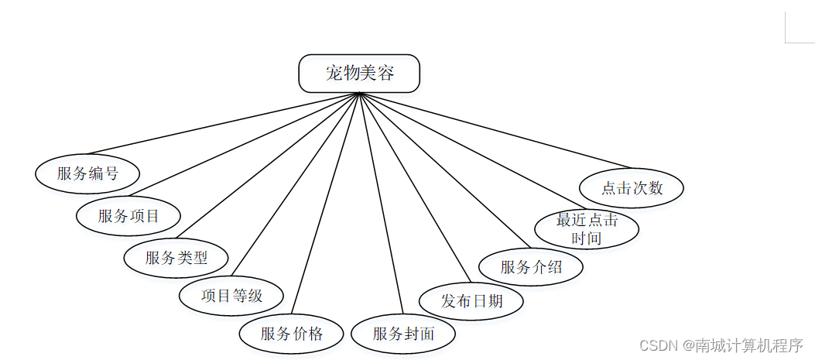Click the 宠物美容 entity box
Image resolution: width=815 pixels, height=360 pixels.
[359, 74]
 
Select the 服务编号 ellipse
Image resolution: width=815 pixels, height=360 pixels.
[87, 173]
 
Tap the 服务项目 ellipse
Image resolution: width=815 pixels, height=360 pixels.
[128, 216]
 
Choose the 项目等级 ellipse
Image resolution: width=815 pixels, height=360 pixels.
[231, 296]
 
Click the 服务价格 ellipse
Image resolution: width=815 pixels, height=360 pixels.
[291, 334]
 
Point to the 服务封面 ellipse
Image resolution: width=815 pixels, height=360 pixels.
[403, 334]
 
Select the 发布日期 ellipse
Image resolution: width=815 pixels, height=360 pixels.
[471, 300]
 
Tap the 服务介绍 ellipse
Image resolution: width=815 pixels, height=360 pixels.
[531, 267]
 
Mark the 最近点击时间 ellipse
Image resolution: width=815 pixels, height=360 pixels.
[587, 229]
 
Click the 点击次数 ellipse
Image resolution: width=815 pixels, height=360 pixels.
[632, 188]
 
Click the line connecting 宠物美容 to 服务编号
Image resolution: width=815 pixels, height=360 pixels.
[224, 124]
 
